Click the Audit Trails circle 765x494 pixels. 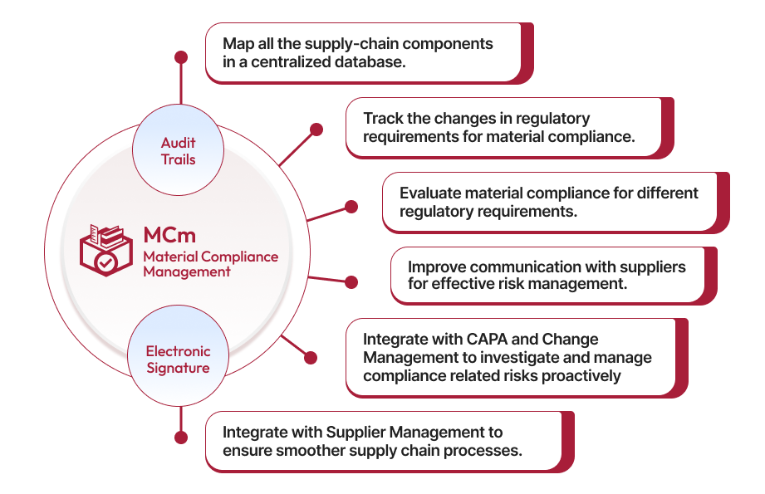click(x=178, y=151)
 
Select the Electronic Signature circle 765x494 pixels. click(x=178, y=359)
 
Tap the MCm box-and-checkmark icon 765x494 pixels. click(x=105, y=250)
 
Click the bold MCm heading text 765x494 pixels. click(x=169, y=235)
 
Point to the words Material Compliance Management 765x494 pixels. click(x=210, y=264)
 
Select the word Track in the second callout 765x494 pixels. click(x=383, y=118)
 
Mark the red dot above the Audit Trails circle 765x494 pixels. click(x=180, y=57)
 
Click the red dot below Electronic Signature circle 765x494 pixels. click(x=179, y=436)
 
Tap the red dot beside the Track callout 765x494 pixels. click(x=316, y=130)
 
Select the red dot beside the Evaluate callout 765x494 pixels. click(x=351, y=206)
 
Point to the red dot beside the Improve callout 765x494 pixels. click(x=351, y=282)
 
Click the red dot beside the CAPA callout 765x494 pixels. click(x=311, y=359)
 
